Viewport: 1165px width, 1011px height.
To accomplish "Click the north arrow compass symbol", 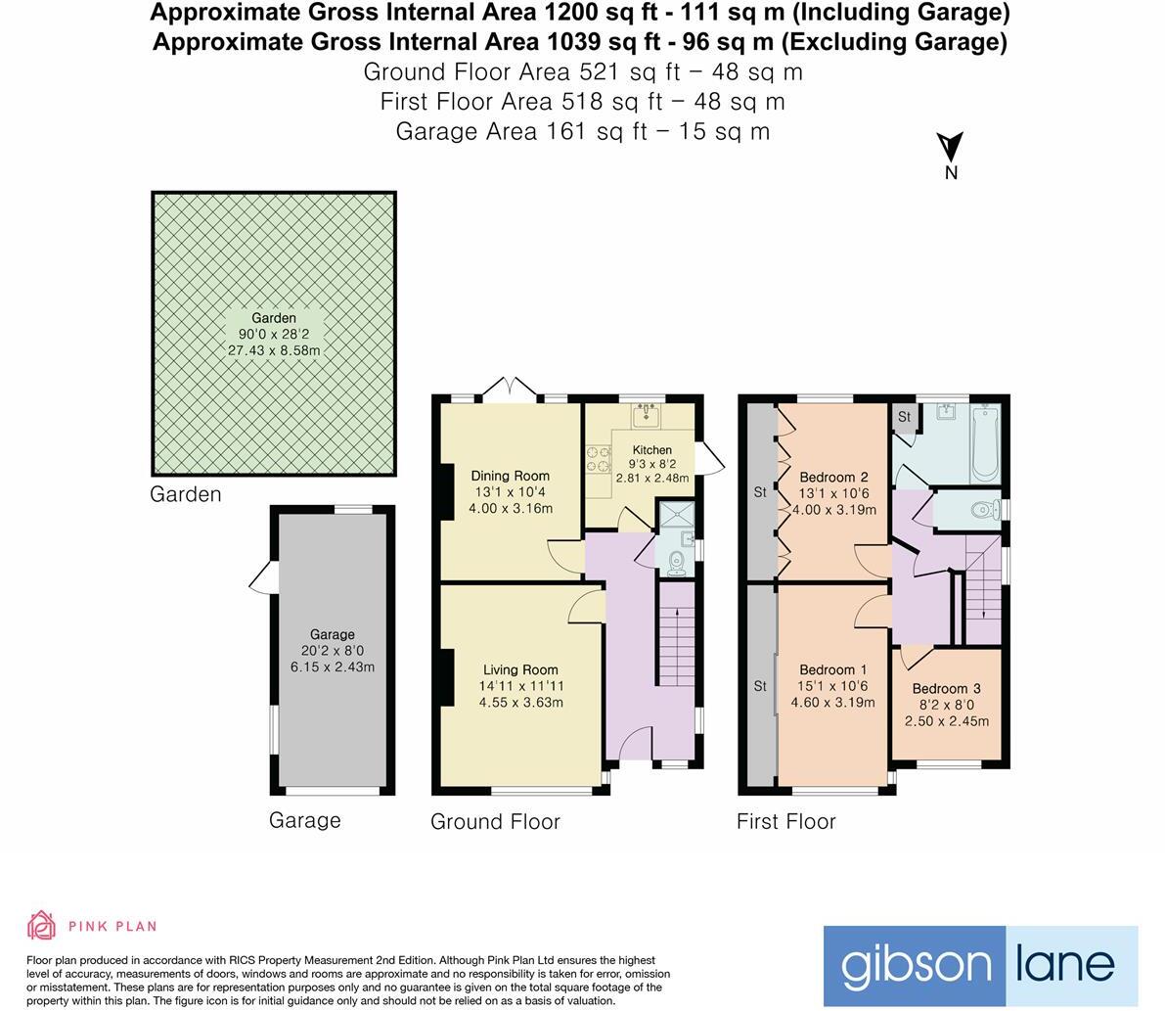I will [950, 149].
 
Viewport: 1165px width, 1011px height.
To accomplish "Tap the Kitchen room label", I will [651, 450].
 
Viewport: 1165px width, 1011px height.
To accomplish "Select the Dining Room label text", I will [510, 476].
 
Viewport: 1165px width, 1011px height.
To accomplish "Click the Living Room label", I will [519, 670].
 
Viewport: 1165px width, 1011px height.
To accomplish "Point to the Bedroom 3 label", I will [946, 689].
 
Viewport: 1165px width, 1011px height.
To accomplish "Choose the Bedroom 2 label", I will [833, 478].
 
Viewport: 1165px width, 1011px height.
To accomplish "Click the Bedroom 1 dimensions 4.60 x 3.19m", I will [832, 702].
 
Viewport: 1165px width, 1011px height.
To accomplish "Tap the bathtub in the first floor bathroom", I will [984, 443].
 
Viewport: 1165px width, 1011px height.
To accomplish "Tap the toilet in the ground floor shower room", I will [676, 561].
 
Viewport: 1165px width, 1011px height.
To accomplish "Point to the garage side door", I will [262, 579].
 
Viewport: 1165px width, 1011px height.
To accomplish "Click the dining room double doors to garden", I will [509, 390].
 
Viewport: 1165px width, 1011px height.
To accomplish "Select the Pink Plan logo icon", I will [42, 925].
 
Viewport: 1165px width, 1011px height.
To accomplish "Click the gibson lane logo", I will [980, 966].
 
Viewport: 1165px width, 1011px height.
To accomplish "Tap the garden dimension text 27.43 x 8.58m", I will [274, 349].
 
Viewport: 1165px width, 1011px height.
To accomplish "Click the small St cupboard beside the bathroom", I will [904, 417].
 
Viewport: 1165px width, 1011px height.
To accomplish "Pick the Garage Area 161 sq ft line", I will [582, 131].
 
